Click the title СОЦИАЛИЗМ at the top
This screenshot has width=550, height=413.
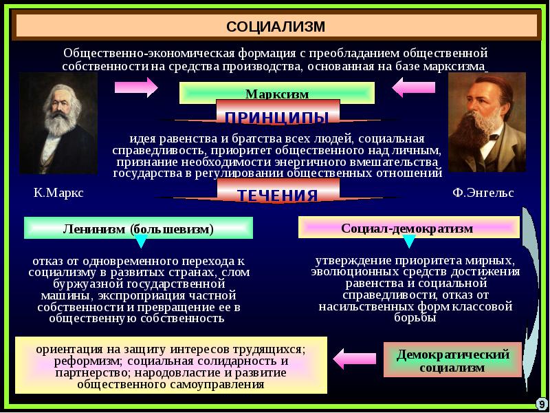click(x=275, y=26)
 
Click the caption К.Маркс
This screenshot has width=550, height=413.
click(x=58, y=193)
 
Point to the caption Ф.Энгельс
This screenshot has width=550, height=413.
click(x=483, y=193)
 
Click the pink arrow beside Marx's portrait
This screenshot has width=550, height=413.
click(x=135, y=87)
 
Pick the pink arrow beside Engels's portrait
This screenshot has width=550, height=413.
click(x=417, y=87)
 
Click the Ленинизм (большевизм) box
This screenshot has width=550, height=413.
click(x=138, y=229)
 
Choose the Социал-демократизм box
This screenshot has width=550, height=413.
click(x=408, y=228)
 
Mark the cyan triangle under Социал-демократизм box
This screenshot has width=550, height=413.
click(x=408, y=241)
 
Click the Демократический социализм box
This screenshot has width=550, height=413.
click(x=453, y=360)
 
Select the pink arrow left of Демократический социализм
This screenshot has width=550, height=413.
click(x=354, y=359)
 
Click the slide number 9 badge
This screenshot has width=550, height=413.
click(x=541, y=403)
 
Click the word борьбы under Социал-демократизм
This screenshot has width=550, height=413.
click(x=415, y=319)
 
